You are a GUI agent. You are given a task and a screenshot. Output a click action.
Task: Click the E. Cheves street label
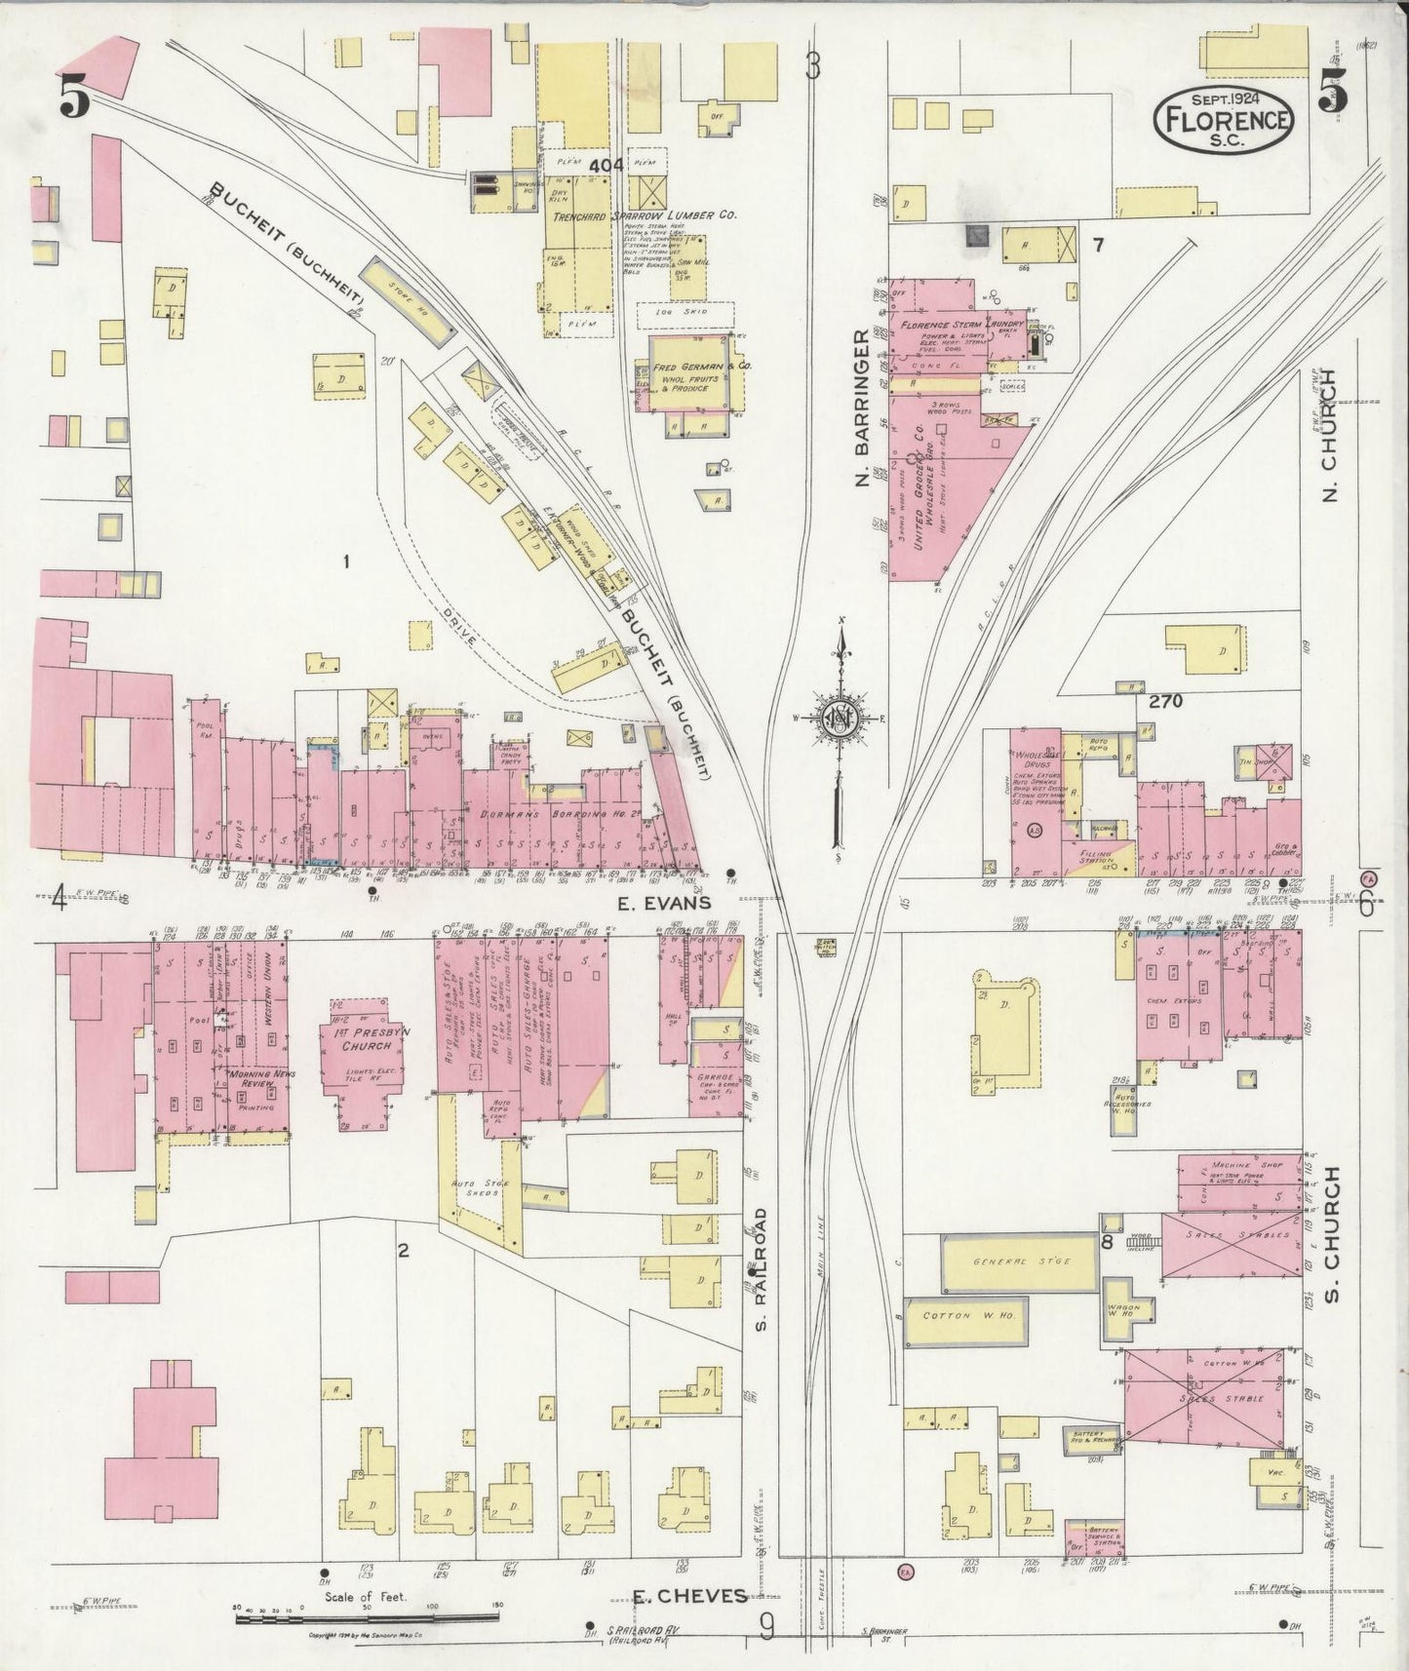pyautogui.click(x=690, y=1596)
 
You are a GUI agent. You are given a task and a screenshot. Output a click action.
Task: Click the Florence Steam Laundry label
pyautogui.click(x=960, y=325)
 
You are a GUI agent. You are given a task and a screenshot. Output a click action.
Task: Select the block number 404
pyautogui.click(x=606, y=166)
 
